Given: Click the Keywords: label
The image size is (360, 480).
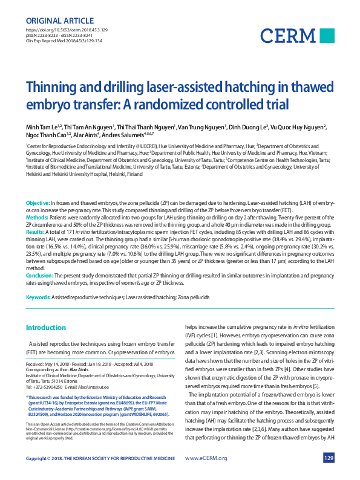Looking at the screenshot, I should (38, 299).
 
